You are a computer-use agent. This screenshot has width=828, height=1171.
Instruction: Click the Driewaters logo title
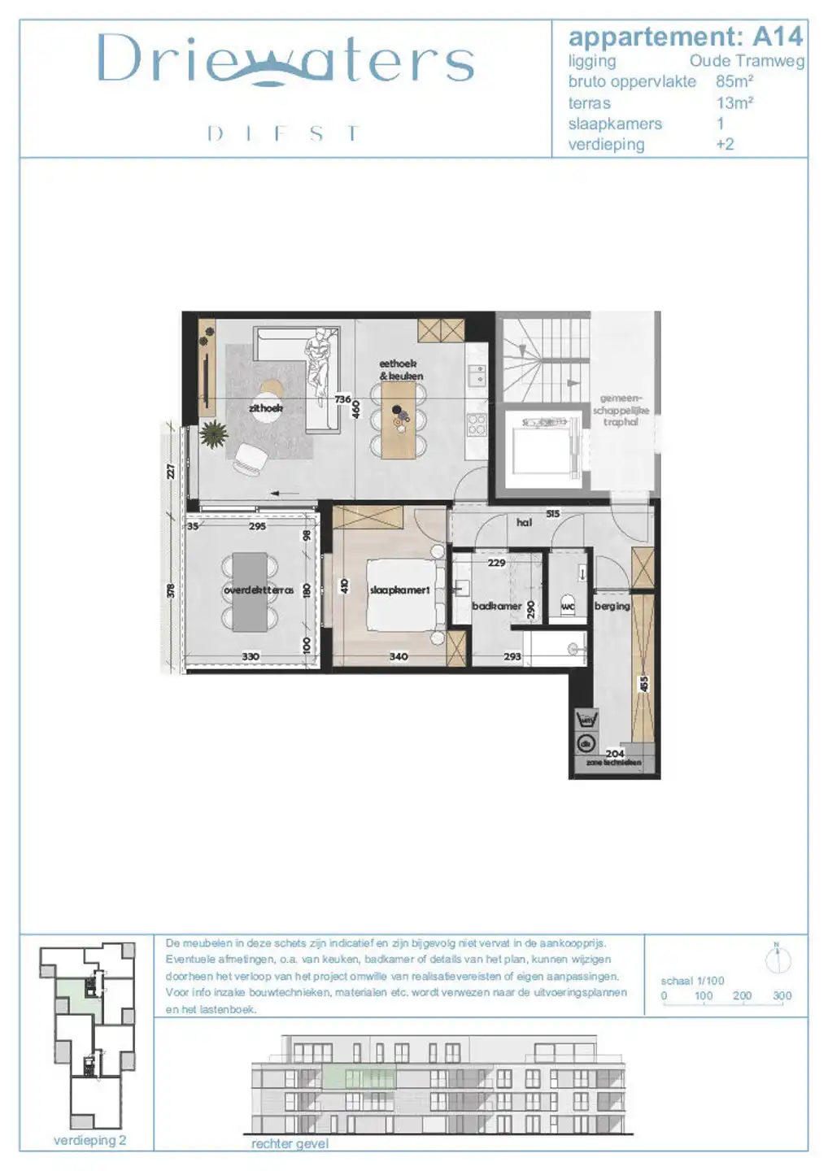pyautogui.click(x=285, y=60)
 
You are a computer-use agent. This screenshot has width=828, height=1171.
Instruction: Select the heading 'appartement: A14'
pyautogui.click(x=685, y=37)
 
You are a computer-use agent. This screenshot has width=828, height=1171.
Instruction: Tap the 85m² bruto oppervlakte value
pyautogui.click(x=734, y=81)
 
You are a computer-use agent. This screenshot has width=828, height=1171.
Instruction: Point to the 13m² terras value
pyautogui.click(x=734, y=103)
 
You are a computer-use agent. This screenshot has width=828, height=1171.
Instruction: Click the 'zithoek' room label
pyautogui.click(x=266, y=408)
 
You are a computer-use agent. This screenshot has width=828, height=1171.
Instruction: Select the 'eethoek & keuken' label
pyautogui.click(x=400, y=370)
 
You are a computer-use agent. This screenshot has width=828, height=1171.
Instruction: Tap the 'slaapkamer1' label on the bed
pyautogui.click(x=399, y=590)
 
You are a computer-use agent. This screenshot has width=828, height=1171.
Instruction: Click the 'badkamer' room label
pyautogui.click(x=496, y=606)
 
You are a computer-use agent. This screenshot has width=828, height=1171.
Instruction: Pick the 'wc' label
pyautogui.click(x=568, y=607)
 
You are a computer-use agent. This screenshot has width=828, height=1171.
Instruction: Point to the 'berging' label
pyautogui.click(x=612, y=606)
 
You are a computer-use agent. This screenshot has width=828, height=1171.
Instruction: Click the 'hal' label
pyautogui.click(x=524, y=523)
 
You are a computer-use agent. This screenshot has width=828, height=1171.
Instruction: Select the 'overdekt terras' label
pyautogui.click(x=258, y=590)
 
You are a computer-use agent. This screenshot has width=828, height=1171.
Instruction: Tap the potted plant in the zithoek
pyautogui.click(x=213, y=435)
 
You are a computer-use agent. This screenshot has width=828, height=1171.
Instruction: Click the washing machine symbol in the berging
pyautogui.click(x=586, y=720)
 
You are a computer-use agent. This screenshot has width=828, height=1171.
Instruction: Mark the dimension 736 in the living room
pyautogui.click(x=342, y=399)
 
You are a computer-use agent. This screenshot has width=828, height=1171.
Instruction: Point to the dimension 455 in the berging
pyautogui.click(x=643, y=685)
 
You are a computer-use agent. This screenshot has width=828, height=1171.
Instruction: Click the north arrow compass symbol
pyautogui.click(x=778, y=960)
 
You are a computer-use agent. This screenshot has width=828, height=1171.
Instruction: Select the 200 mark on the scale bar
pyautogui.click(x=742, y=995)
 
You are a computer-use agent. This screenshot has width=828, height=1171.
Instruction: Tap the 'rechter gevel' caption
pyautogui.click(x=290, y=1143)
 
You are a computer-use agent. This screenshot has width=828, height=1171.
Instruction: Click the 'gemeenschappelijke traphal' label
pyautogui.click(x=621, y=410)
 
